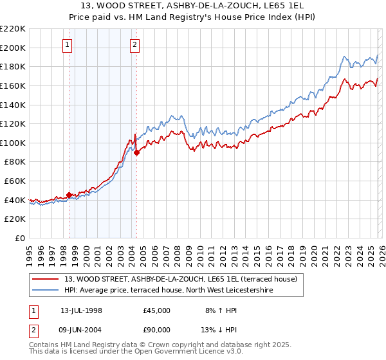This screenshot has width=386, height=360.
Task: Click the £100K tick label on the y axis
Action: (x=13, y=143)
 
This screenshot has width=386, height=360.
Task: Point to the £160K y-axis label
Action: (x=13, y=85)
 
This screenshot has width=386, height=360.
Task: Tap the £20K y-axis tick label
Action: (x=15, y=219)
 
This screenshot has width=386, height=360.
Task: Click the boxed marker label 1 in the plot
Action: (x=68, y=44)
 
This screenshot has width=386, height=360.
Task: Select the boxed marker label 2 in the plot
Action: (x=135, y=44)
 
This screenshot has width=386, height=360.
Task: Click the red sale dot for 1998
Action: (x=69, y=195)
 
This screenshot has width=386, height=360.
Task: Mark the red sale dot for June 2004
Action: (x=136, y=152)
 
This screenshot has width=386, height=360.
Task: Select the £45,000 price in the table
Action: (x=157, y=310)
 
